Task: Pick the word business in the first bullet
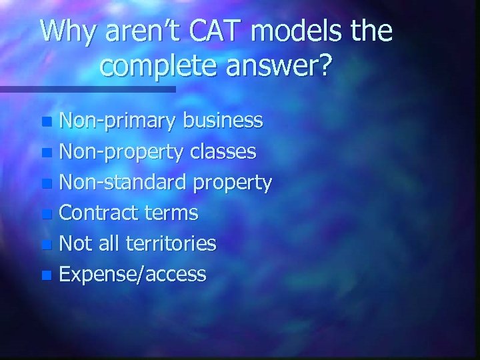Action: pyautogui.click(x=223, y=121)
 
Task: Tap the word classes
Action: pyautogui.click(x=223, y=151)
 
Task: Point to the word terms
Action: pyautogui.click(x=174, y=213)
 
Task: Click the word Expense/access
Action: pyautogui.click(x=133, y=274)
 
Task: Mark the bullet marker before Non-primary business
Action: pyautogui.click(x=45, y=122)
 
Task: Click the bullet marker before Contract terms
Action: pyautogui.click(x=45, y=214)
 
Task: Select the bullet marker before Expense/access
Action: pyautogui.click(x=45, y=275)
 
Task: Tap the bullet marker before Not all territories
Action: pyautogui.click(x=45, y=245)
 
